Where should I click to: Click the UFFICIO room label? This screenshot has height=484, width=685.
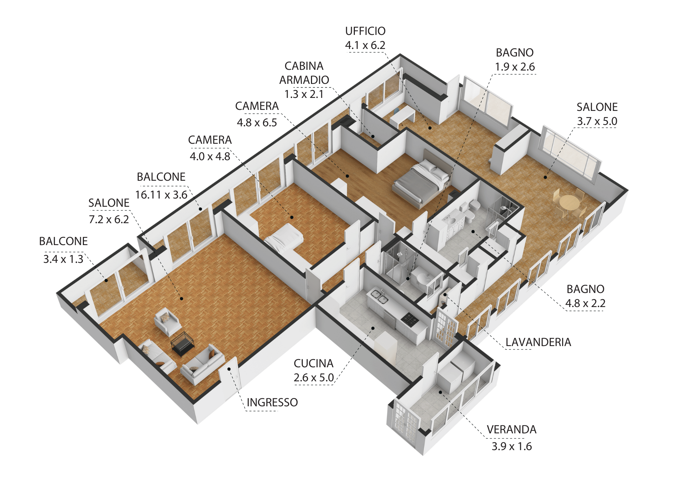(365, 31)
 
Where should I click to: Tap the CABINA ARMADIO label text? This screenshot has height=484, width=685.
(304, 73)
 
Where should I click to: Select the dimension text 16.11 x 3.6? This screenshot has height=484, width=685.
(161, 195)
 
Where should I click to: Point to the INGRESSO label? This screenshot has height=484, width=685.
(272, 403)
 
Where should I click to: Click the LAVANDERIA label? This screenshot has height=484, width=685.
(538, 342)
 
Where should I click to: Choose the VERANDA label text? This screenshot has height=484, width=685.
(512, 430)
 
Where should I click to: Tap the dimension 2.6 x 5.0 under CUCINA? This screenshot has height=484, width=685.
(314, 378)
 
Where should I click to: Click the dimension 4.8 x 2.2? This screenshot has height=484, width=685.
(585, 303)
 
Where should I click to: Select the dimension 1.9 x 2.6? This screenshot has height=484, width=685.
(515, 67)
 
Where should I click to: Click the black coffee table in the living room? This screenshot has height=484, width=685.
(183, 344)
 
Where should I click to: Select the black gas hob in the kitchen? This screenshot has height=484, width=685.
(410, 320)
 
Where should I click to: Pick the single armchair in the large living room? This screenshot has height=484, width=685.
(167, 321)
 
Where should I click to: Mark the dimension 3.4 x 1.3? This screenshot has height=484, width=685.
(63, 259)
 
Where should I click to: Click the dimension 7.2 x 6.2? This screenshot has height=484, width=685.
(109, 219)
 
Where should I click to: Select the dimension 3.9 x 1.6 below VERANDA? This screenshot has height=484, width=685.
(512, 446)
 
